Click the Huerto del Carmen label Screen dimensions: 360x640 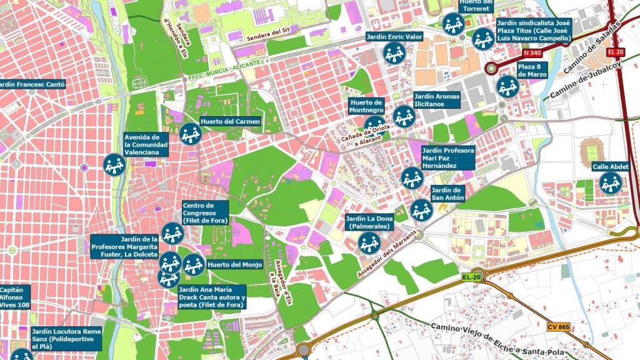(230, 121)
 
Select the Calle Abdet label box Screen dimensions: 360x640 (610, 166)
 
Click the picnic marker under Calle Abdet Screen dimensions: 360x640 (611, 183)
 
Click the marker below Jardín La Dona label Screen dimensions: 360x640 (369, 243)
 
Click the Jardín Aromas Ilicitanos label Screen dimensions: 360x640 (436, 100)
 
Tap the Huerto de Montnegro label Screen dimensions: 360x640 (366, 106)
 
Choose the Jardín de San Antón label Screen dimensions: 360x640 (447, 194)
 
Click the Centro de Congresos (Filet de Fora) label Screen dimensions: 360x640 (204, 213)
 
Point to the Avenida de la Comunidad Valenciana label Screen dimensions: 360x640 (146, 144)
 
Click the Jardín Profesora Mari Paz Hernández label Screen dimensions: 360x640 (447, 158)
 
